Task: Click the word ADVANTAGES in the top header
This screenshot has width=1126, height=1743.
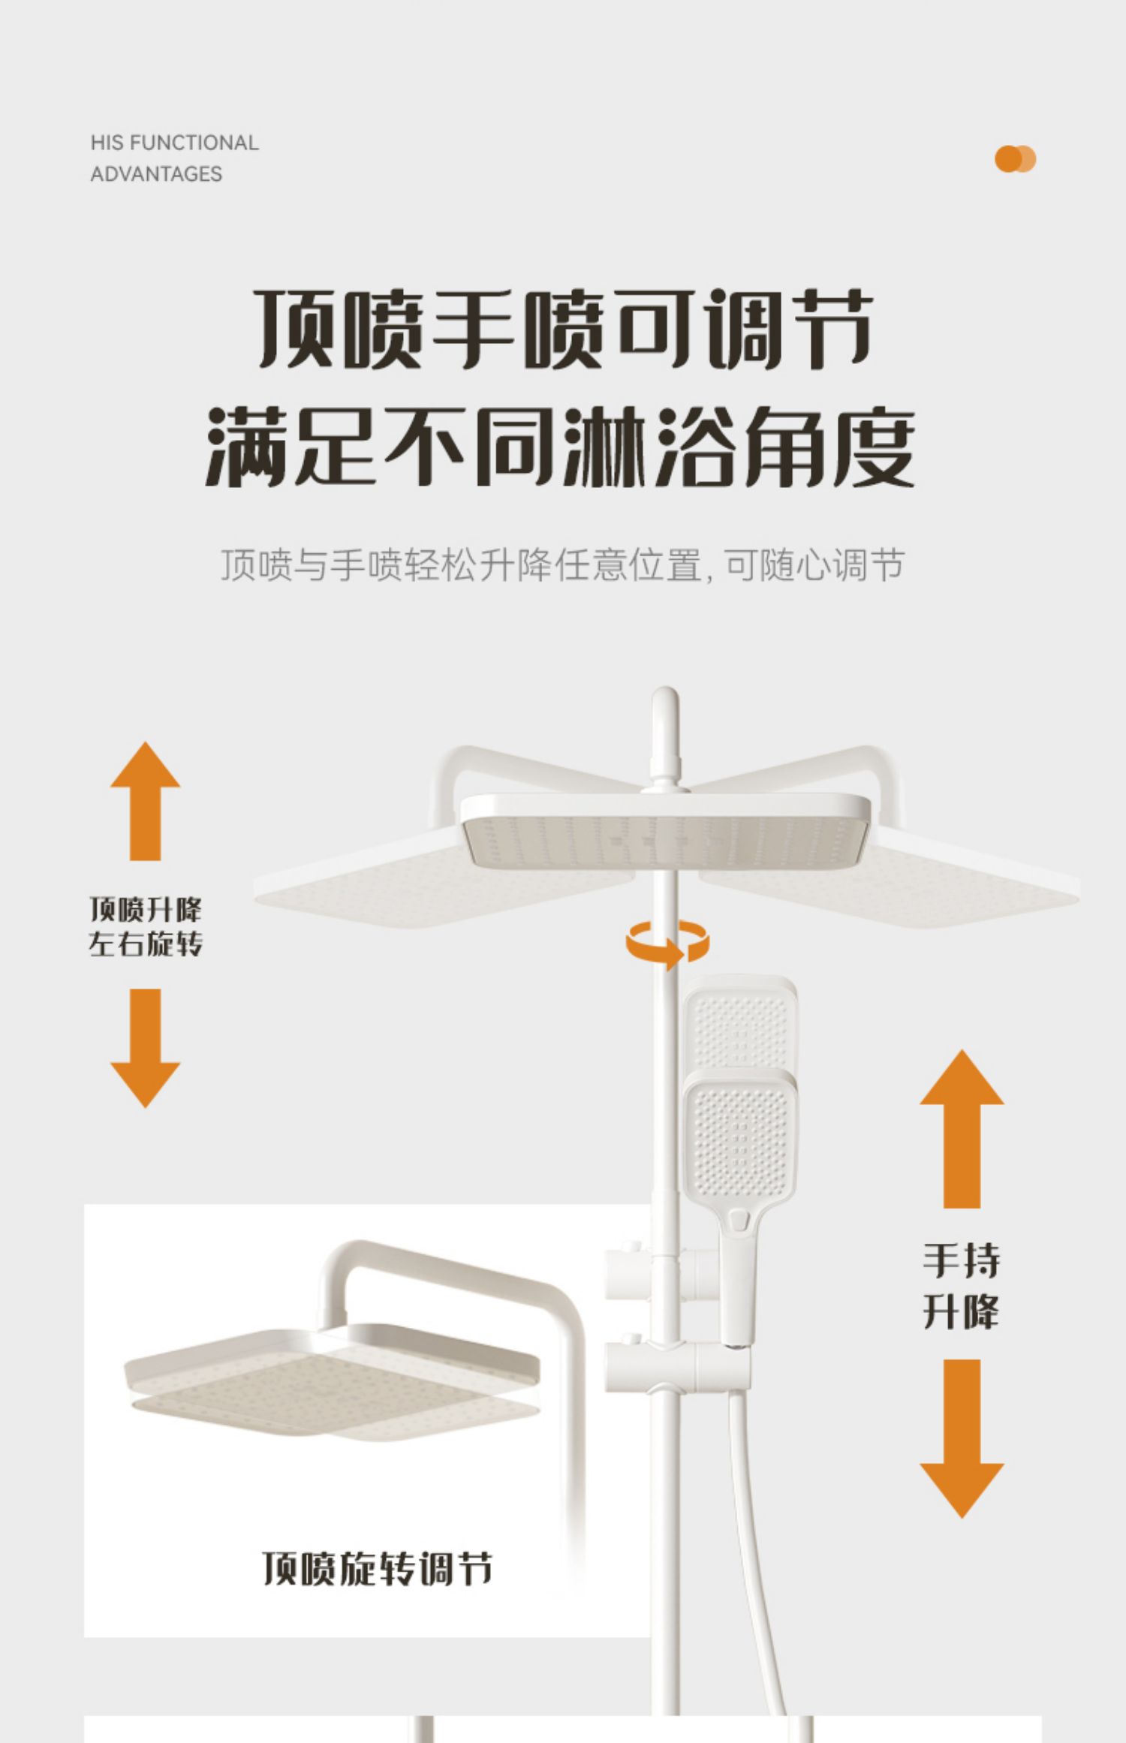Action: click(x=156, y=174)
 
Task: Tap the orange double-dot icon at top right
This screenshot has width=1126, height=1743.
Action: click(x=1014, y=159)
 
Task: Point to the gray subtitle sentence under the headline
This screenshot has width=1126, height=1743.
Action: click(x=561, y=565)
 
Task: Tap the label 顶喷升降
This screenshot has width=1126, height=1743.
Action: click(x=145, y=910)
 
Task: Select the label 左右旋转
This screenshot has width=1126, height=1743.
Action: click(x=145, y=944)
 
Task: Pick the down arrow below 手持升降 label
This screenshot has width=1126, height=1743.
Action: click(x=961, y=1437)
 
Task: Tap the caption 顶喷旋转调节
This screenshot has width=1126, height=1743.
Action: click(x=377, y=1569)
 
